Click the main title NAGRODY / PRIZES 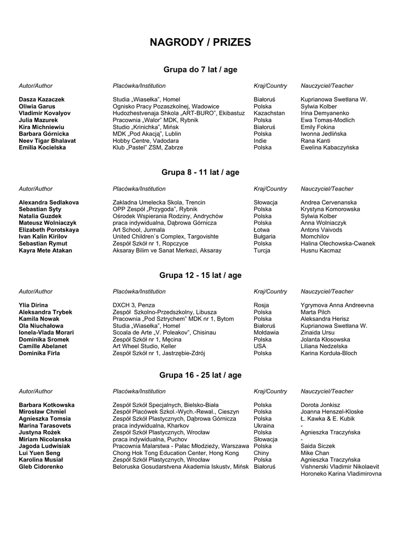[x=200, y=43]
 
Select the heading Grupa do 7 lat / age [x=200, y=70]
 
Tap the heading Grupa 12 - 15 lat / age [x=200, y=276]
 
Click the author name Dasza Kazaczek [x=41, y=100]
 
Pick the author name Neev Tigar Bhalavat [x=47, y=141]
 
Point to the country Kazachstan [x=269, y=113]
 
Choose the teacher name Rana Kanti [x=315, y=141]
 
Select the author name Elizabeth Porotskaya [x=49, y=230]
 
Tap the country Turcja [x=262, y=251]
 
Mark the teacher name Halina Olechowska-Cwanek [x=338, y=244]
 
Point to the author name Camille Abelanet [x=43, y=346]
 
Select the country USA [x=260, y=346]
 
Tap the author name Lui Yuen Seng [x=40, y=453]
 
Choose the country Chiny [x=261, y=453]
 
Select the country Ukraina [x=264, y=426]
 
